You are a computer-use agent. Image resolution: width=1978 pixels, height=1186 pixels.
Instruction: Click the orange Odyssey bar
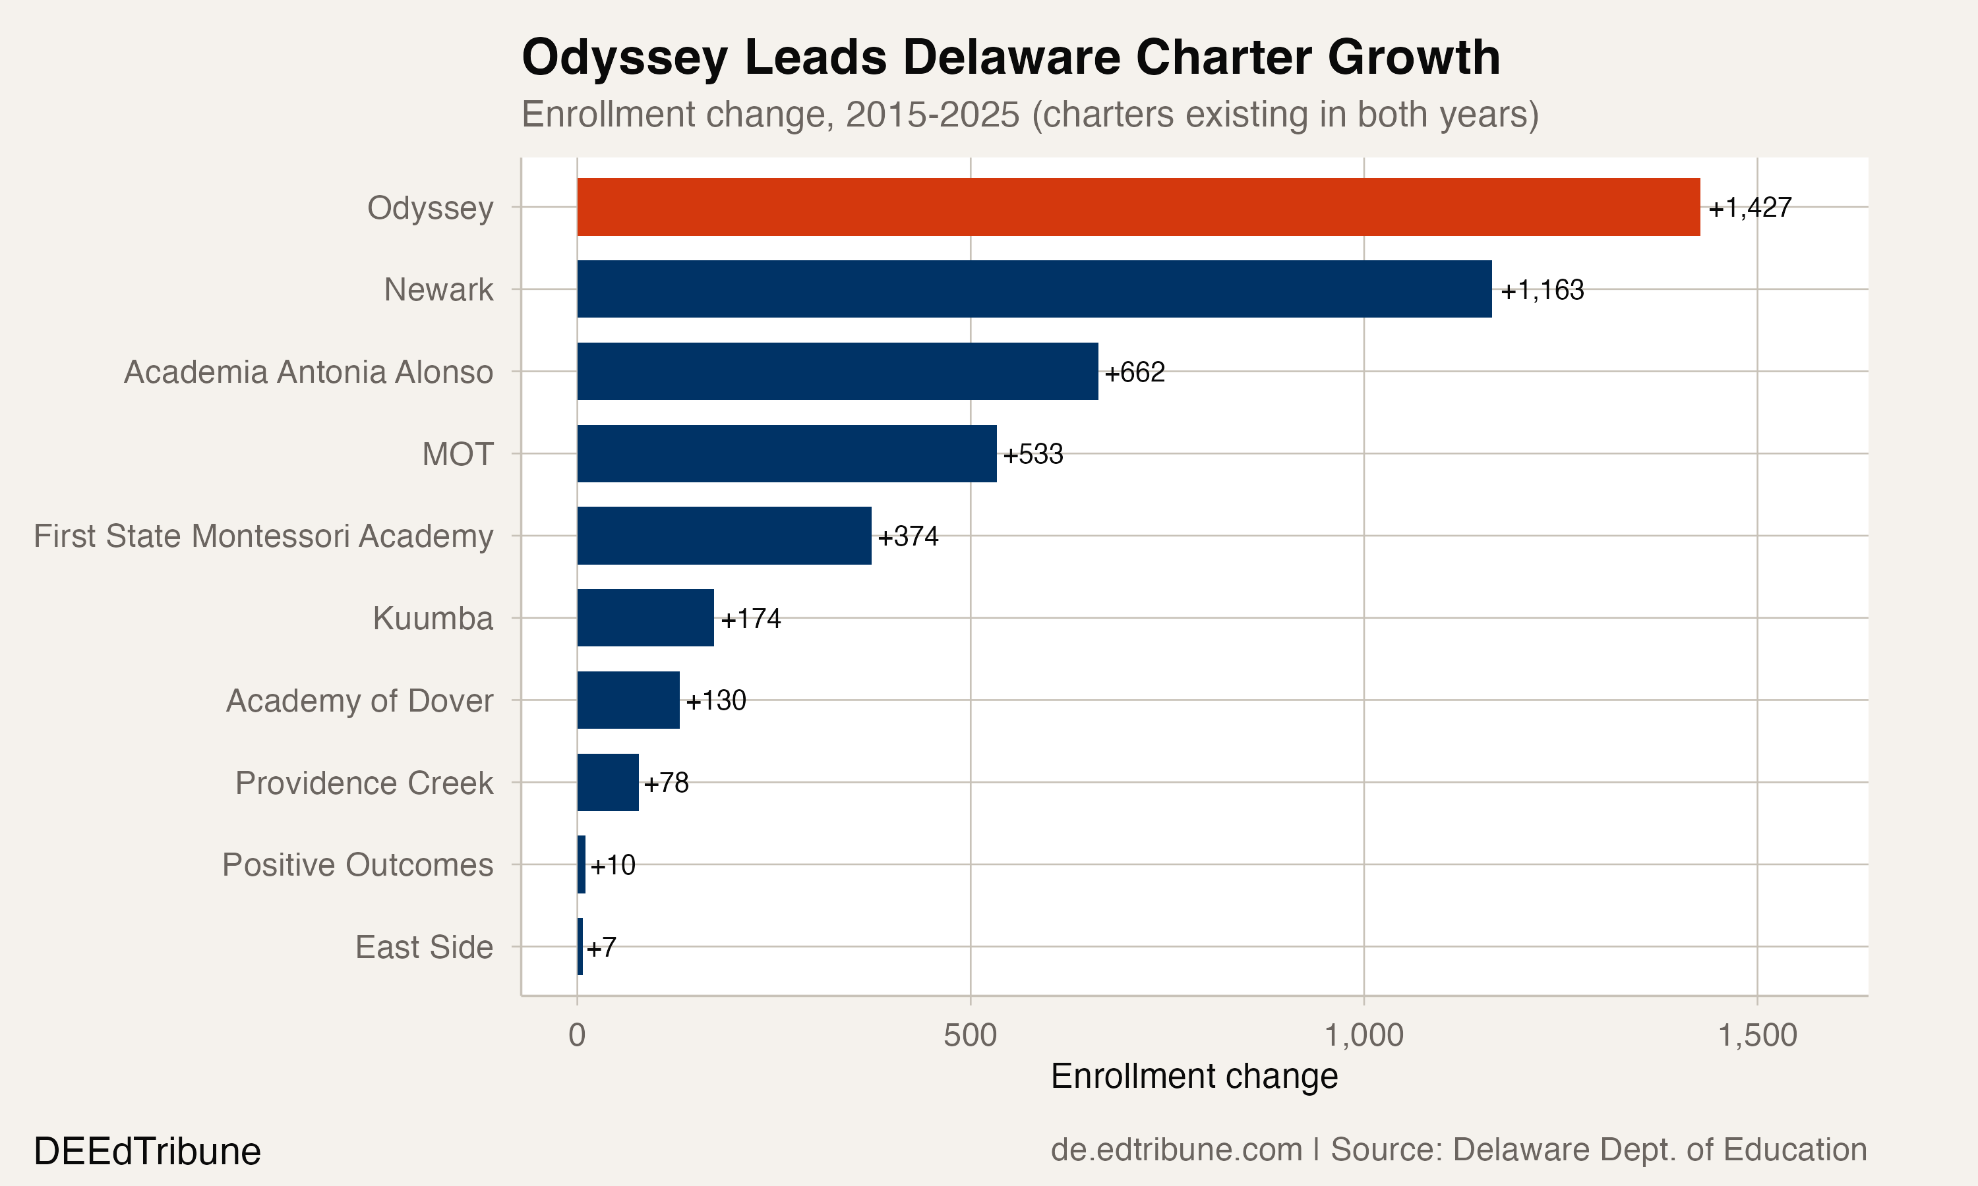pos(1138,207)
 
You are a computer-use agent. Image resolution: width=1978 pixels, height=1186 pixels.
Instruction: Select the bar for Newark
pos(1034,289)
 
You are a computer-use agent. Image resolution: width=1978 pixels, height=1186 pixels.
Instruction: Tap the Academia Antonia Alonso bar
pos(837,372)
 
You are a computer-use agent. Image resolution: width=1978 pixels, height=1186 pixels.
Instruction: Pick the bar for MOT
pos(787,453)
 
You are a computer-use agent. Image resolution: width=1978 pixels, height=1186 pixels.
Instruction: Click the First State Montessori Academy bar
pos(723,536)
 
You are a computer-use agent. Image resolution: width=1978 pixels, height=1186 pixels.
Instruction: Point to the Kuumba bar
pos(645,618)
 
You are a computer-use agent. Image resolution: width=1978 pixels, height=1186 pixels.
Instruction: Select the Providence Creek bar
pos(608,782)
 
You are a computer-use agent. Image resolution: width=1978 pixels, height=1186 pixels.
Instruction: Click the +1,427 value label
pos(1749,208)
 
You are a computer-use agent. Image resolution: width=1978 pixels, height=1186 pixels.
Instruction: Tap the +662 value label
pos(1135,372)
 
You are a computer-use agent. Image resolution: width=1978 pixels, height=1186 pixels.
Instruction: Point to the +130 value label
pos(715,701)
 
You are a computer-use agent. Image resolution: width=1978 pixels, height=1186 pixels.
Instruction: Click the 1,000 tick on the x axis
pos(1364,1036)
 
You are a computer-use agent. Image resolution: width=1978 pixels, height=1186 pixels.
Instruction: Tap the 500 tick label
pos(970,1036)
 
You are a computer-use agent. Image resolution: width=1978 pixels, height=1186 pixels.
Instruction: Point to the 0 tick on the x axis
pos(576,1036)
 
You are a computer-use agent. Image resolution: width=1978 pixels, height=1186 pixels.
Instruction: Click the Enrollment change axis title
pos(1193,1077)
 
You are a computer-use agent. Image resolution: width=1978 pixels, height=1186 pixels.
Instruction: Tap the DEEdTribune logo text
pos(147,1152)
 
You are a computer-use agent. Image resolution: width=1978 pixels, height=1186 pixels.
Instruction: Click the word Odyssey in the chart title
pos(624,59)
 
